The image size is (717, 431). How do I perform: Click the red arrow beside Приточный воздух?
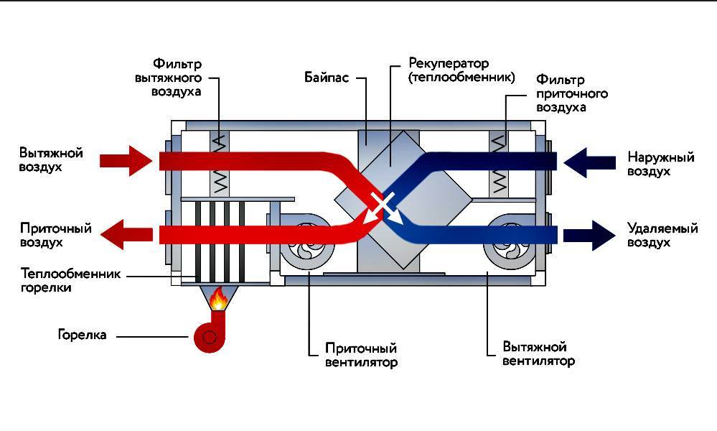pyautogui.click(x=127, y=234)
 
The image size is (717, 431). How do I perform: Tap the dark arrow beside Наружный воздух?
pyautogui.click(x=589, y=161)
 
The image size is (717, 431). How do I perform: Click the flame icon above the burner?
pyautogui.click(x=217, y=298)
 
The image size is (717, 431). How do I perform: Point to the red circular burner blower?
pyautogui.click(x=208, y=336)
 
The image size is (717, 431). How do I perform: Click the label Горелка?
pyautogui.click(x=82, y=335)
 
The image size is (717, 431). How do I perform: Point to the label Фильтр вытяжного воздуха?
pyautogui.click(x=176, y=77)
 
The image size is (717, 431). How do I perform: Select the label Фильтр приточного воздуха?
pyautogui.click(x=571, y=93)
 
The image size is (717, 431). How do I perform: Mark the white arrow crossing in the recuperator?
pyautogui.click(x=383, y=205)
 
